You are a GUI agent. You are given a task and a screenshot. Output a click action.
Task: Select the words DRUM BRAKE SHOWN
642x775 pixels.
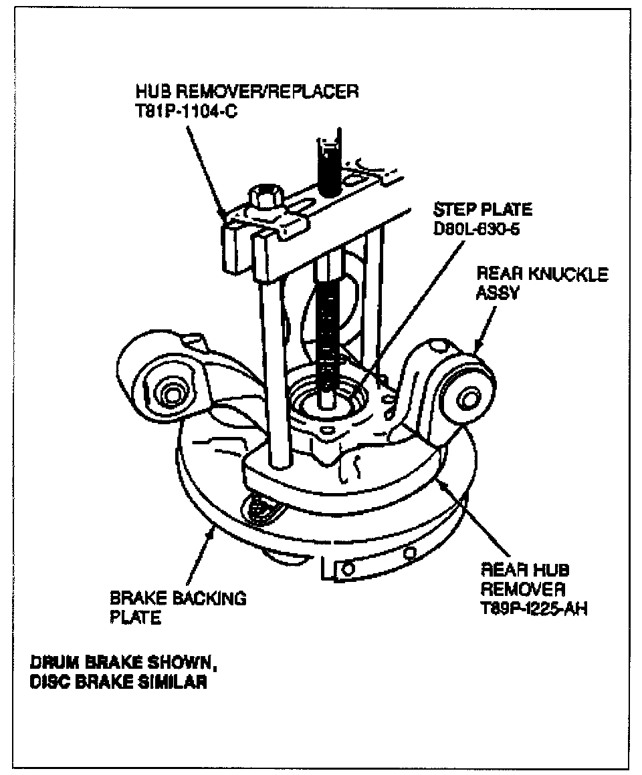coord(123,665)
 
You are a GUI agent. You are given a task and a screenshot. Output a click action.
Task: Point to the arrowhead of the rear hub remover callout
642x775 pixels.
coord(438,479)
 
